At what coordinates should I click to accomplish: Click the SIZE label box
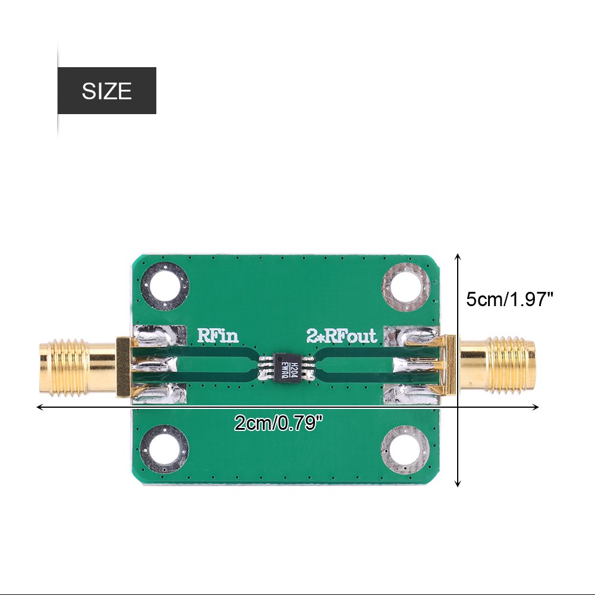pos(106,90)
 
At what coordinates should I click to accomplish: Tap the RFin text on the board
pos(218,336)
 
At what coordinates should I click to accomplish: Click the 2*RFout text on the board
pos(342,336)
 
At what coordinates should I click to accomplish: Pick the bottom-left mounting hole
pos(166,449)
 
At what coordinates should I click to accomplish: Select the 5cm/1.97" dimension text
pos(509,299)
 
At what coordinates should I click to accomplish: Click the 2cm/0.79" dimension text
pos(279,423)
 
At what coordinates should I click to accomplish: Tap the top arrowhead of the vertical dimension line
pos(458,256)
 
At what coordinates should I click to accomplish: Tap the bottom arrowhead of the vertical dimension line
pos(458,484)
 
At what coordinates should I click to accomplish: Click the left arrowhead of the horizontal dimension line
pos(40,407)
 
